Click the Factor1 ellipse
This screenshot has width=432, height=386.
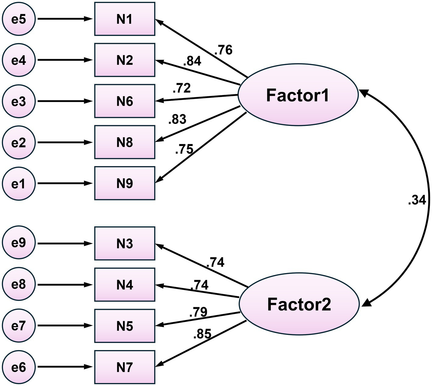(298, 95)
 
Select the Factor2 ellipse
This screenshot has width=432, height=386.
(299, 304)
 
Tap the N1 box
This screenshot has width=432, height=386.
(125, 19)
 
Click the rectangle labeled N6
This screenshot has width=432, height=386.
(125, 101)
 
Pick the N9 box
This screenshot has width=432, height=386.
(125, 183)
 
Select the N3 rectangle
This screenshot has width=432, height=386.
(125, 244)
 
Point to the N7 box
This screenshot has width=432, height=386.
(125, 367)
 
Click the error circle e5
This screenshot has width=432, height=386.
(19, 19)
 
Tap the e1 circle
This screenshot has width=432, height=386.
(19, 183)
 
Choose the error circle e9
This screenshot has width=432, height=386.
(19, 243)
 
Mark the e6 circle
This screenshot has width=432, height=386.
(19, 367)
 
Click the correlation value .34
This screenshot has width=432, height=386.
(416, 201)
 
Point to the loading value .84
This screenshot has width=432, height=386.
(192, 61)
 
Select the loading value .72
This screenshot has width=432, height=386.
(181, 88)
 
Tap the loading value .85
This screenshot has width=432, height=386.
(202, 334)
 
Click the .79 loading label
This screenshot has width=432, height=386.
(198, 312)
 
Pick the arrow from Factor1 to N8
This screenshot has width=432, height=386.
(198, 124)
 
